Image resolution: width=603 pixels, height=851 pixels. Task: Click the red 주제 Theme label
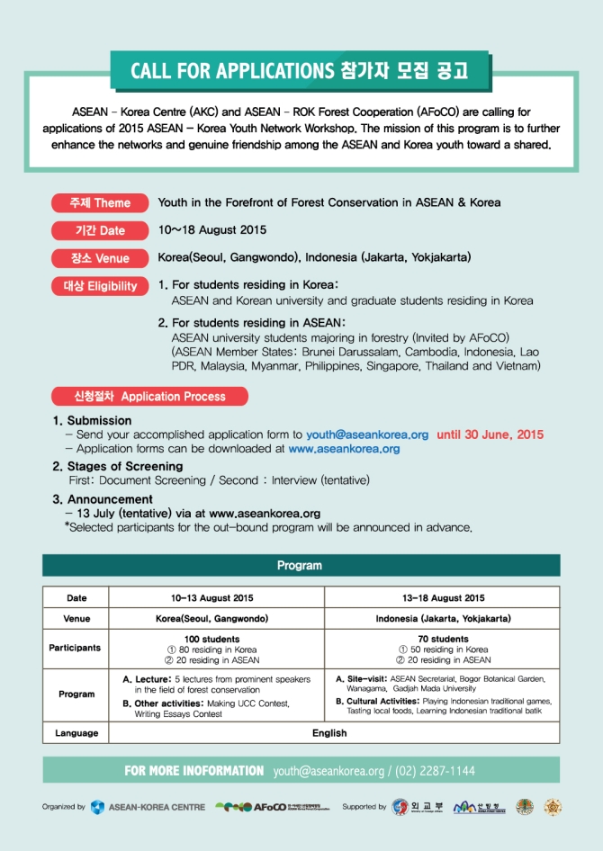(100, 202)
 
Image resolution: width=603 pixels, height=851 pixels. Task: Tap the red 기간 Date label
(100, 230)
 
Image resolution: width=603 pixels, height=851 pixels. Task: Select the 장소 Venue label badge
(100, 258)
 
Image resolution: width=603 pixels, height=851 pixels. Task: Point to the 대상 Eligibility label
(100, 286)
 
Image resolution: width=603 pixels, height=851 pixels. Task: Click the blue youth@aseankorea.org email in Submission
(367, 434)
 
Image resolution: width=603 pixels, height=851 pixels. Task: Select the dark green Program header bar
(301, 565)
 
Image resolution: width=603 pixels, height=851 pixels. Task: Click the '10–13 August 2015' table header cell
(212, 597)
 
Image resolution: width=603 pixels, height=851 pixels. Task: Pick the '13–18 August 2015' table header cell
(443, 597)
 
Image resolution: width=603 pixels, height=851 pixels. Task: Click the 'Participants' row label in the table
(76, 648)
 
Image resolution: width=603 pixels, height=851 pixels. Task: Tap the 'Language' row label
(76, 733)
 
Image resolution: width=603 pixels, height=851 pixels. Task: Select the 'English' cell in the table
(329, 733)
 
